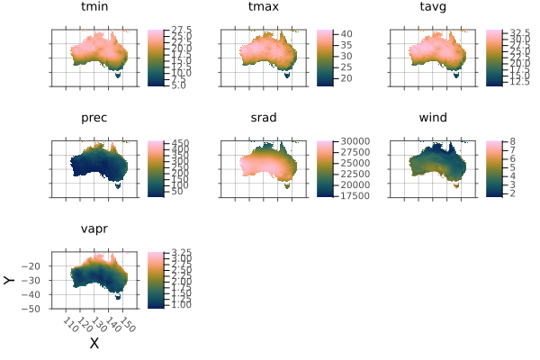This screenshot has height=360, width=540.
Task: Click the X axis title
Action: pyautogui.click(x=94, y=343)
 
